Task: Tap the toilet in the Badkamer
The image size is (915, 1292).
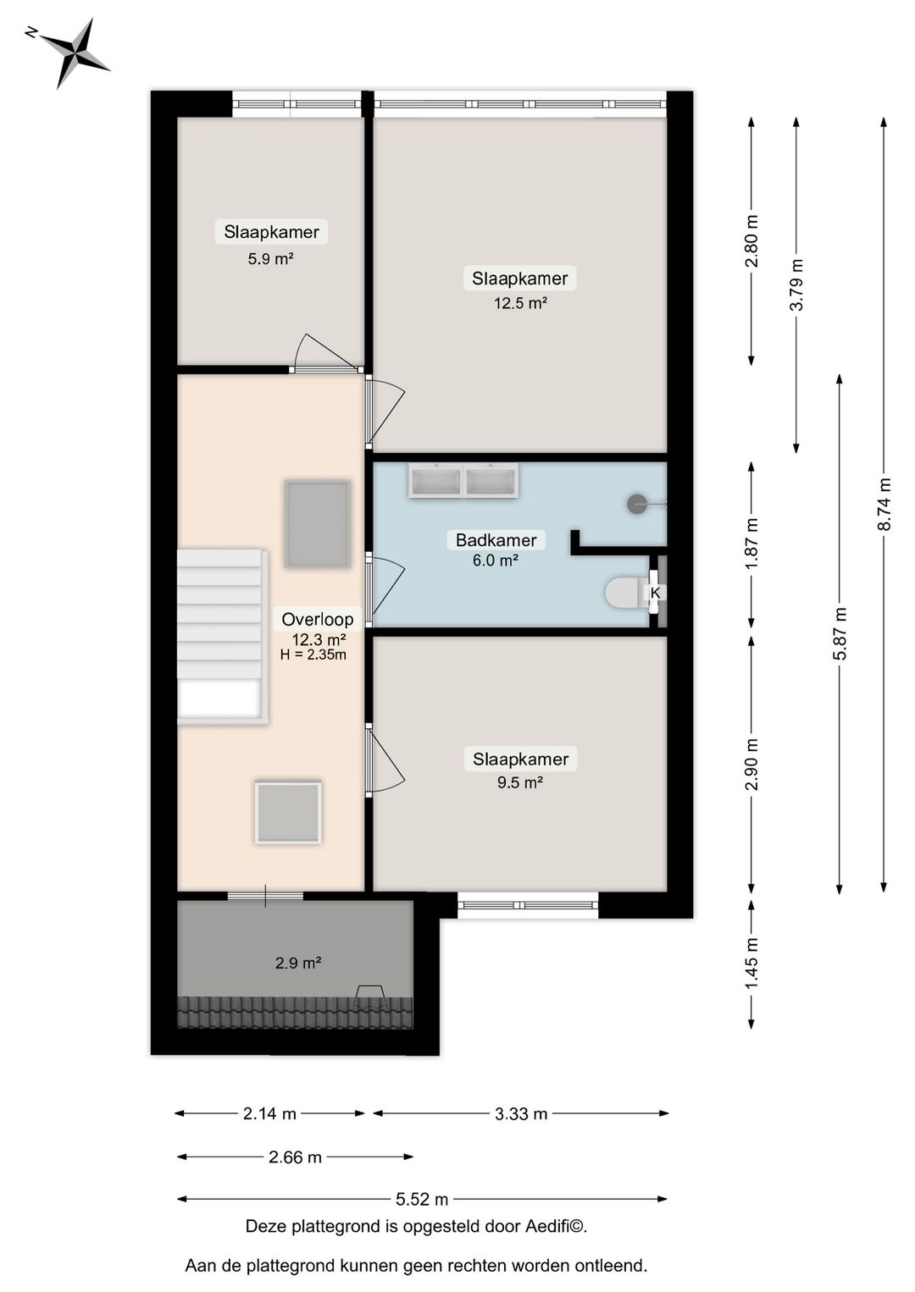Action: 625,593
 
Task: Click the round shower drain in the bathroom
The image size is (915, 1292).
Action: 637,505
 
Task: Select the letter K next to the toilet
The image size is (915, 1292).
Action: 655,593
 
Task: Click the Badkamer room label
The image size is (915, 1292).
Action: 496,540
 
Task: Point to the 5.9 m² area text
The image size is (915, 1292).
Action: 270,259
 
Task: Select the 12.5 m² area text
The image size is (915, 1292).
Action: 520,303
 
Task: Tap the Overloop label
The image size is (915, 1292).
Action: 317,619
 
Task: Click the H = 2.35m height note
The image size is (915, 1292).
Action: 313,654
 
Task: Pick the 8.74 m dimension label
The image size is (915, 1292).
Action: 884,505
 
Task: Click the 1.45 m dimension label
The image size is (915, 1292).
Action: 751,963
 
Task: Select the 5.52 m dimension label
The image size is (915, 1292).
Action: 422,1199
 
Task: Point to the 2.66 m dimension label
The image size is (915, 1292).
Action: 295,1157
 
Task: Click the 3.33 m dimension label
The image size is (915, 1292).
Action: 521,1114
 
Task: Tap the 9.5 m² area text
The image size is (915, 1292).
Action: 520,782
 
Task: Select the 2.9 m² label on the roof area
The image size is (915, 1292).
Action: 298,963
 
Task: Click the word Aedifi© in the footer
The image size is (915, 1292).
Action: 556,1226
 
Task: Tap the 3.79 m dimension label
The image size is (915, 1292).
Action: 796,284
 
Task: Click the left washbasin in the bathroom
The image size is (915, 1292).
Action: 436,482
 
